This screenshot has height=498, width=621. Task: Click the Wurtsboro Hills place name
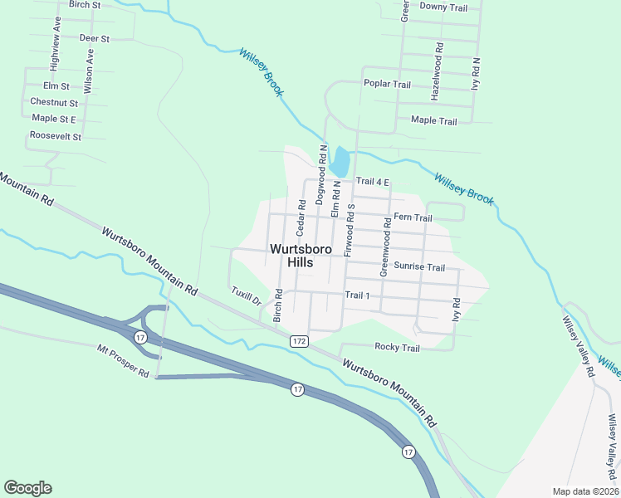301,255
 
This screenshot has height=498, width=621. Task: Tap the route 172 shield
300,341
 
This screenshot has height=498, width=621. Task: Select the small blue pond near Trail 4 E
340,161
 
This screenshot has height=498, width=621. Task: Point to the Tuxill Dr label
246,296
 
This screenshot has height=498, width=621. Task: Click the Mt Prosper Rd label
122,362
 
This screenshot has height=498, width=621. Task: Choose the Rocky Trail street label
398,347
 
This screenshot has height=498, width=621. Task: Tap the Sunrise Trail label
419,267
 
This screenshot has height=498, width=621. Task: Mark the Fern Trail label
413,217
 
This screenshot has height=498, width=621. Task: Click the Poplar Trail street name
387,84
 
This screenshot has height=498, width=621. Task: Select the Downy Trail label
444,7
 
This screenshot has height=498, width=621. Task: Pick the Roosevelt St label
55,135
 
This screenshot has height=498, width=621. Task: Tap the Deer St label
94,38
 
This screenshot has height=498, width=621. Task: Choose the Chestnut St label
54,102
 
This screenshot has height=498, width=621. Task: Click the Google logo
27,488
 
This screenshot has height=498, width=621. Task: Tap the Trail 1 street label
357,295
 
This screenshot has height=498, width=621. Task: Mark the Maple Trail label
434,121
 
